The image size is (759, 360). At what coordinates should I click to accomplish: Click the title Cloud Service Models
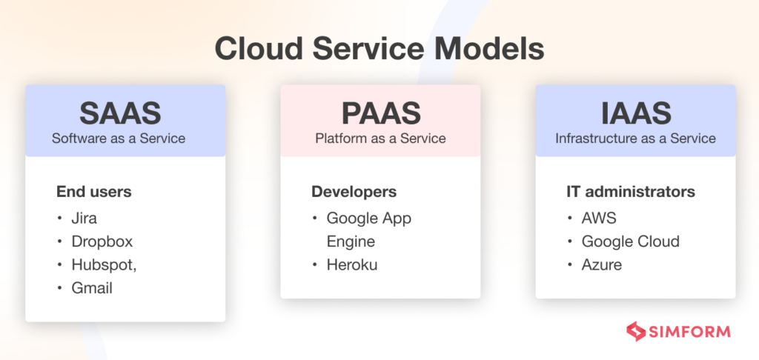pos(379,50)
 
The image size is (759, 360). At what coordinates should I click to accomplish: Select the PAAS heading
pos(380,113)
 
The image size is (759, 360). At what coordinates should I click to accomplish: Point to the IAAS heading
pos(635,113)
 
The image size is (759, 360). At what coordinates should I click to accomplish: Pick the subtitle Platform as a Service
pos(380,138)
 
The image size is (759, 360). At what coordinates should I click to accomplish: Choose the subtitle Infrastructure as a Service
pos(635,138)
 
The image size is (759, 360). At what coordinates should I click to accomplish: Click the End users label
pos(93,192)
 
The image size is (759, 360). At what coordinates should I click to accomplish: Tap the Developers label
pos(354,192)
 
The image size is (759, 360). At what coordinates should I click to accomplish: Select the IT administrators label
pos(631,192)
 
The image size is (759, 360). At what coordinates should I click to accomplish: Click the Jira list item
pos(84,218)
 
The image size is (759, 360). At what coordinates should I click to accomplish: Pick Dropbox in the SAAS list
pos(102,241)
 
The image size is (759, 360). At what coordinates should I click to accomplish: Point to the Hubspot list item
pos(104,265)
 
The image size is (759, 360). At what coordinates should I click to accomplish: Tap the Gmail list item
pos(92,288)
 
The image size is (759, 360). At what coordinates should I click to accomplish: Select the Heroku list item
pos(352,264)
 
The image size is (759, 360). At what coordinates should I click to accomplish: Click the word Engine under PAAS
pos(351,241)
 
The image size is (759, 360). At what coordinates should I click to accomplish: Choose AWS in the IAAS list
pos(599,218)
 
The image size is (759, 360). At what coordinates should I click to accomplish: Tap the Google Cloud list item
pos(630,241)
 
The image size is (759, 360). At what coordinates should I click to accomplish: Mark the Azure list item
pos(602,264)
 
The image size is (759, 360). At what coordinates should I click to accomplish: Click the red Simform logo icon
pos(635,330)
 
